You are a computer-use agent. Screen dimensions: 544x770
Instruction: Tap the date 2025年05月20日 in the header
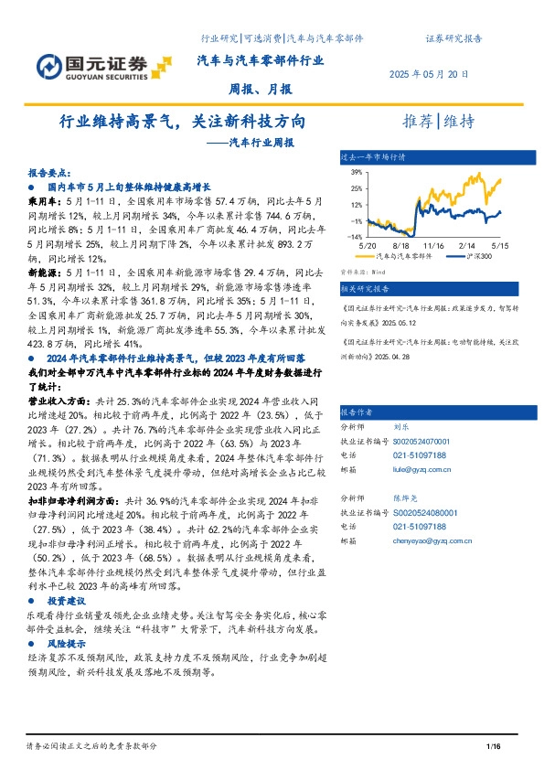(430, 73)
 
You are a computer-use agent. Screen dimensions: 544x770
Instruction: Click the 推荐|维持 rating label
(438, 122)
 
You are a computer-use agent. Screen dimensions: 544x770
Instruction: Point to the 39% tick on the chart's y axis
(357, 171)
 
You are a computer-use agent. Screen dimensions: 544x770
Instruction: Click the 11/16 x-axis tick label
(433, 246)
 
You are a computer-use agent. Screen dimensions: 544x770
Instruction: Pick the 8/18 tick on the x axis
(400, 246)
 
